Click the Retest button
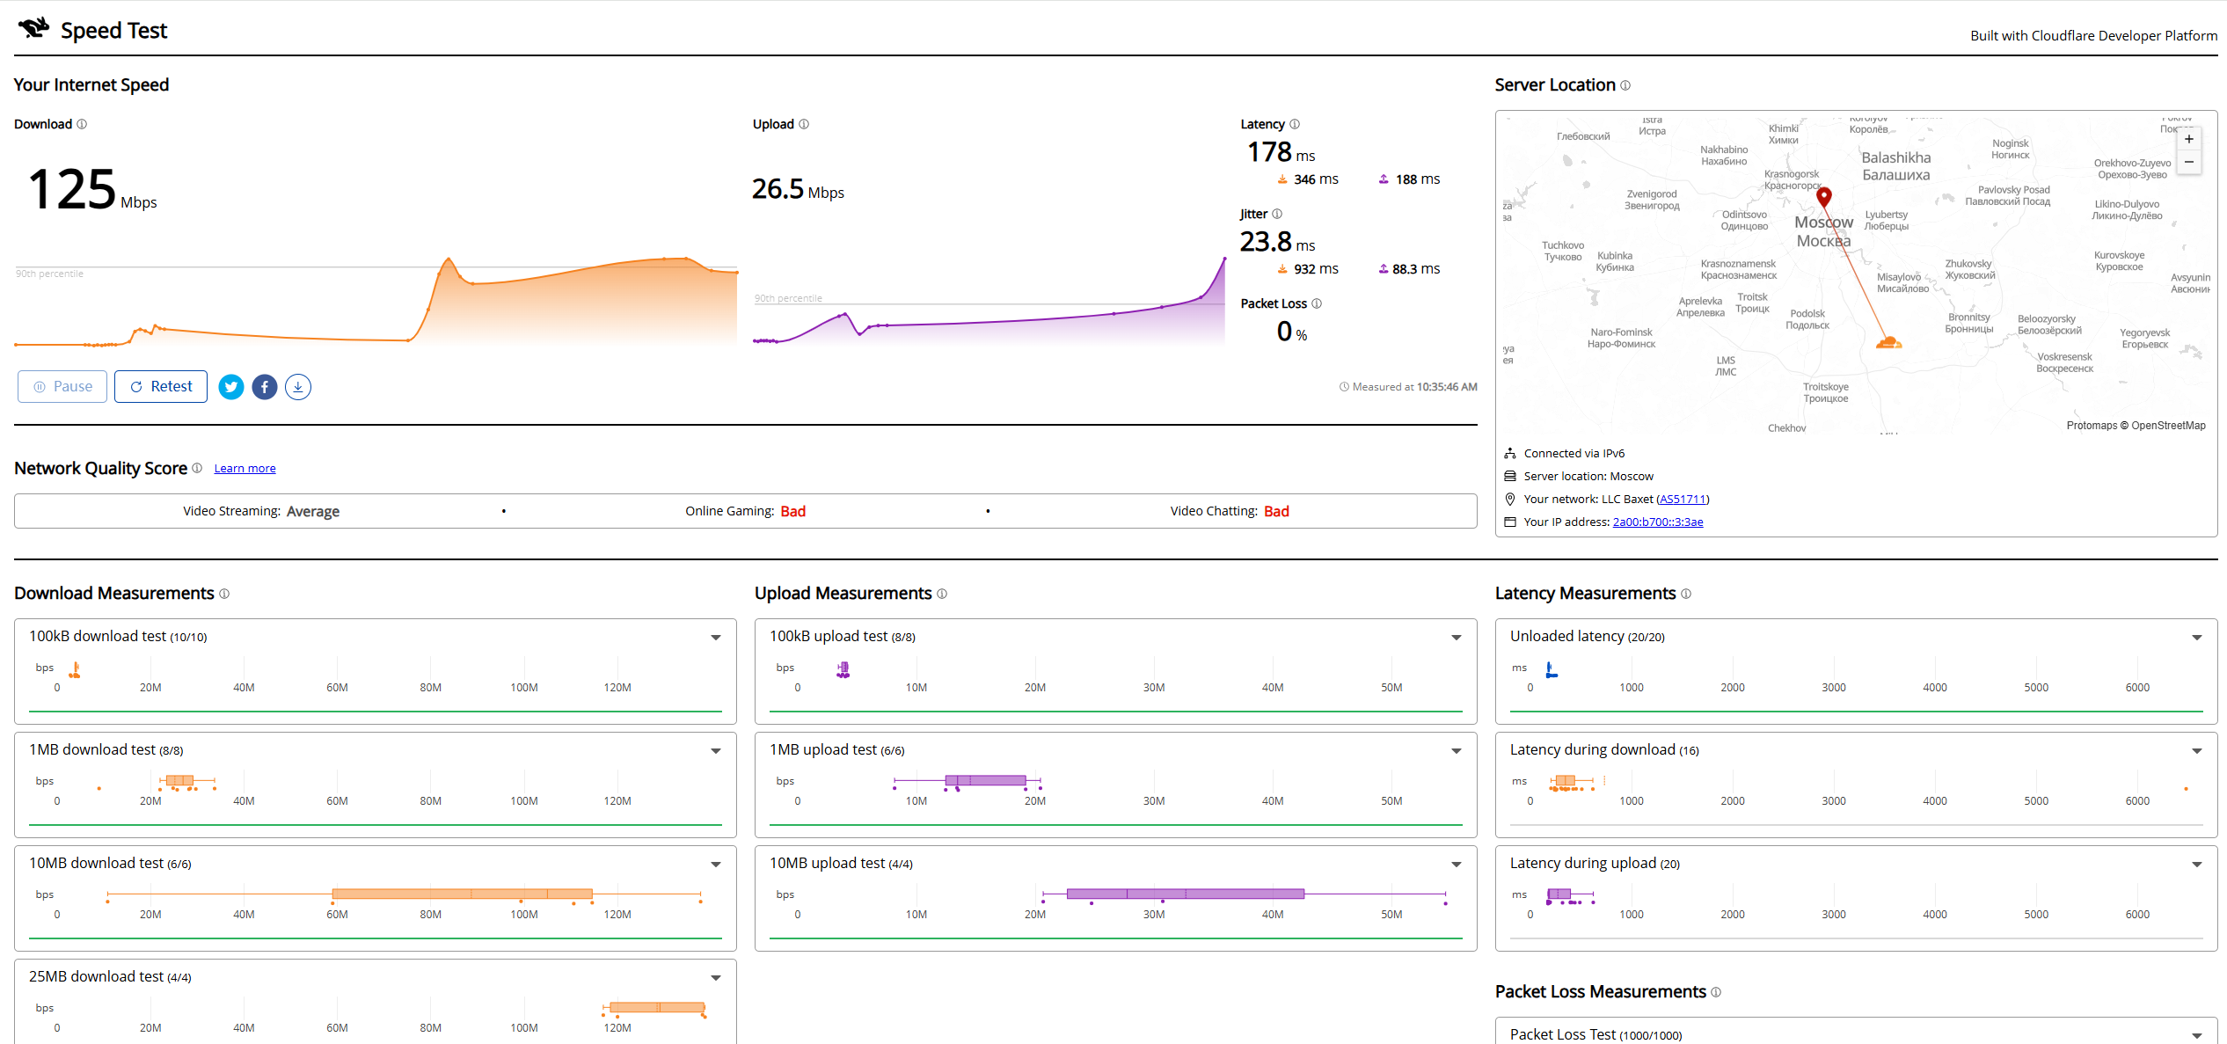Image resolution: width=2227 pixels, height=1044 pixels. click(161, 387)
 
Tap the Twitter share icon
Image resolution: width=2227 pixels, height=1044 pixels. click(231, 387)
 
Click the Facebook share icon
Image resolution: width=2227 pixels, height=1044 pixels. click(265, 387)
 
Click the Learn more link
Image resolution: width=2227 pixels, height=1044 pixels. click(245, 469)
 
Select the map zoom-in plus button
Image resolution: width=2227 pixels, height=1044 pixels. click(2189, 139)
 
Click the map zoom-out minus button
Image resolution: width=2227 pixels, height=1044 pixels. click(2189, 162)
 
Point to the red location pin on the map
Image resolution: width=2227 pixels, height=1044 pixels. click(1824, 197)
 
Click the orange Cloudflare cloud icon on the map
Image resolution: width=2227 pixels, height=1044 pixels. click(1888, 342)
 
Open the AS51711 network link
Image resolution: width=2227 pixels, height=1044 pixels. click(1683, 500)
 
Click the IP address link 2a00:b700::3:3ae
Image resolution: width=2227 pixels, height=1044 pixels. click(1658, 522)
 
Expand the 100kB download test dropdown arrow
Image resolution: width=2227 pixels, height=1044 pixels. click(716, 638)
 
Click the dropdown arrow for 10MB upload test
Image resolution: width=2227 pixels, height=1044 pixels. click(1457, 865)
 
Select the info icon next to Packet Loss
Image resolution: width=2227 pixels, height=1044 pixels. click(1317, 303)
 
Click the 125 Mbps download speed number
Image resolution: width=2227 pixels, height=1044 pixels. click(72, 189)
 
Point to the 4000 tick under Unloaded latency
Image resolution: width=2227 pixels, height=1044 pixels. click(1935, 688)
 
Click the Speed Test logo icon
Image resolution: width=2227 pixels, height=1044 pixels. click(34, 28)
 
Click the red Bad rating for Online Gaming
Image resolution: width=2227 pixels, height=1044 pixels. click(793, 512)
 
